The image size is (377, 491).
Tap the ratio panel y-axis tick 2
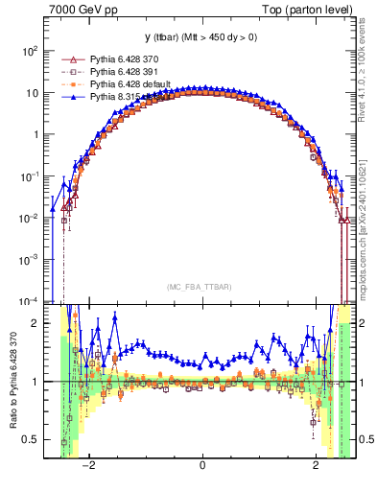(38, 323)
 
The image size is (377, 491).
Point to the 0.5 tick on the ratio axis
(35, 439)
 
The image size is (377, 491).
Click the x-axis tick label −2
(87, 466)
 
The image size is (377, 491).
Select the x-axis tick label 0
(201, 466)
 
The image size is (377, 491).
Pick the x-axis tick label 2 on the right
(317, 466)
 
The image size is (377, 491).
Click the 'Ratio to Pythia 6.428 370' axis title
(12, 384)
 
